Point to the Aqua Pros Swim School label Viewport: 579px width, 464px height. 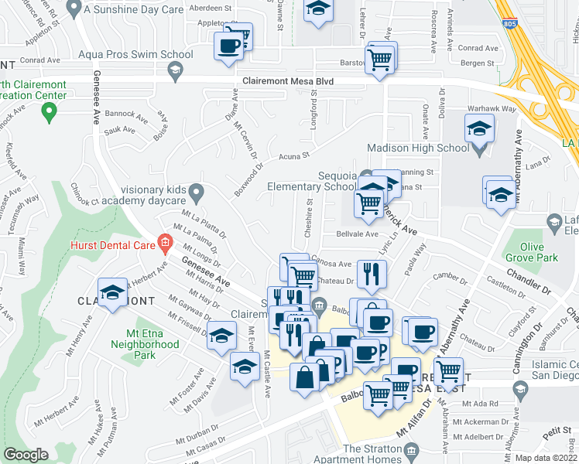pos(136,55)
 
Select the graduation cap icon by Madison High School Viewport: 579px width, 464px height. pos(480,128)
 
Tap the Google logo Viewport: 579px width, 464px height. pos(26,455)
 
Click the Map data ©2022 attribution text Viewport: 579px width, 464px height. pos(546,458)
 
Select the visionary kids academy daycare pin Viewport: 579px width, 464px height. pos(198,190)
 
